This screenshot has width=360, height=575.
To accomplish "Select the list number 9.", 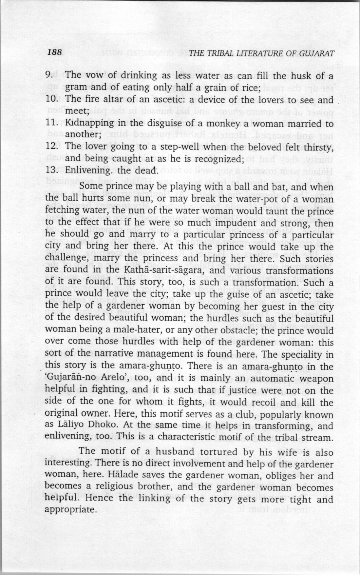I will click(x=49, y=76).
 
